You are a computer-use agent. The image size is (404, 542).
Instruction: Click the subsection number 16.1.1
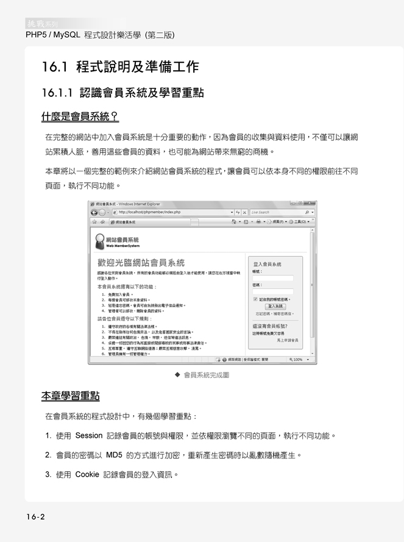(58, 93)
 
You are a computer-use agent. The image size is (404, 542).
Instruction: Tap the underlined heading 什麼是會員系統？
(79, 116)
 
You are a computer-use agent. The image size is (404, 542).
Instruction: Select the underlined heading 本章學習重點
(71, 396)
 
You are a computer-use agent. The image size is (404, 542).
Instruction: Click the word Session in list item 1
(88, 436)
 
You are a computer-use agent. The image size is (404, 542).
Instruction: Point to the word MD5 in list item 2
(114, 455)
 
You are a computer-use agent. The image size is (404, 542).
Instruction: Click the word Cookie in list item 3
(87, 474)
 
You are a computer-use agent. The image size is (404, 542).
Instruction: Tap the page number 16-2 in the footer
(35, 517)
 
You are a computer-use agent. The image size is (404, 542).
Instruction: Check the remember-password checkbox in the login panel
(255, 299)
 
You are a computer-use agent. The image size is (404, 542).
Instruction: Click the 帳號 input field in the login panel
(272, 278)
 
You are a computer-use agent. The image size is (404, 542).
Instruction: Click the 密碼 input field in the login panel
(272, 291)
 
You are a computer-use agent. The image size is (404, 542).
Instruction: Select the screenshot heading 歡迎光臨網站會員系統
(140, 263)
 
